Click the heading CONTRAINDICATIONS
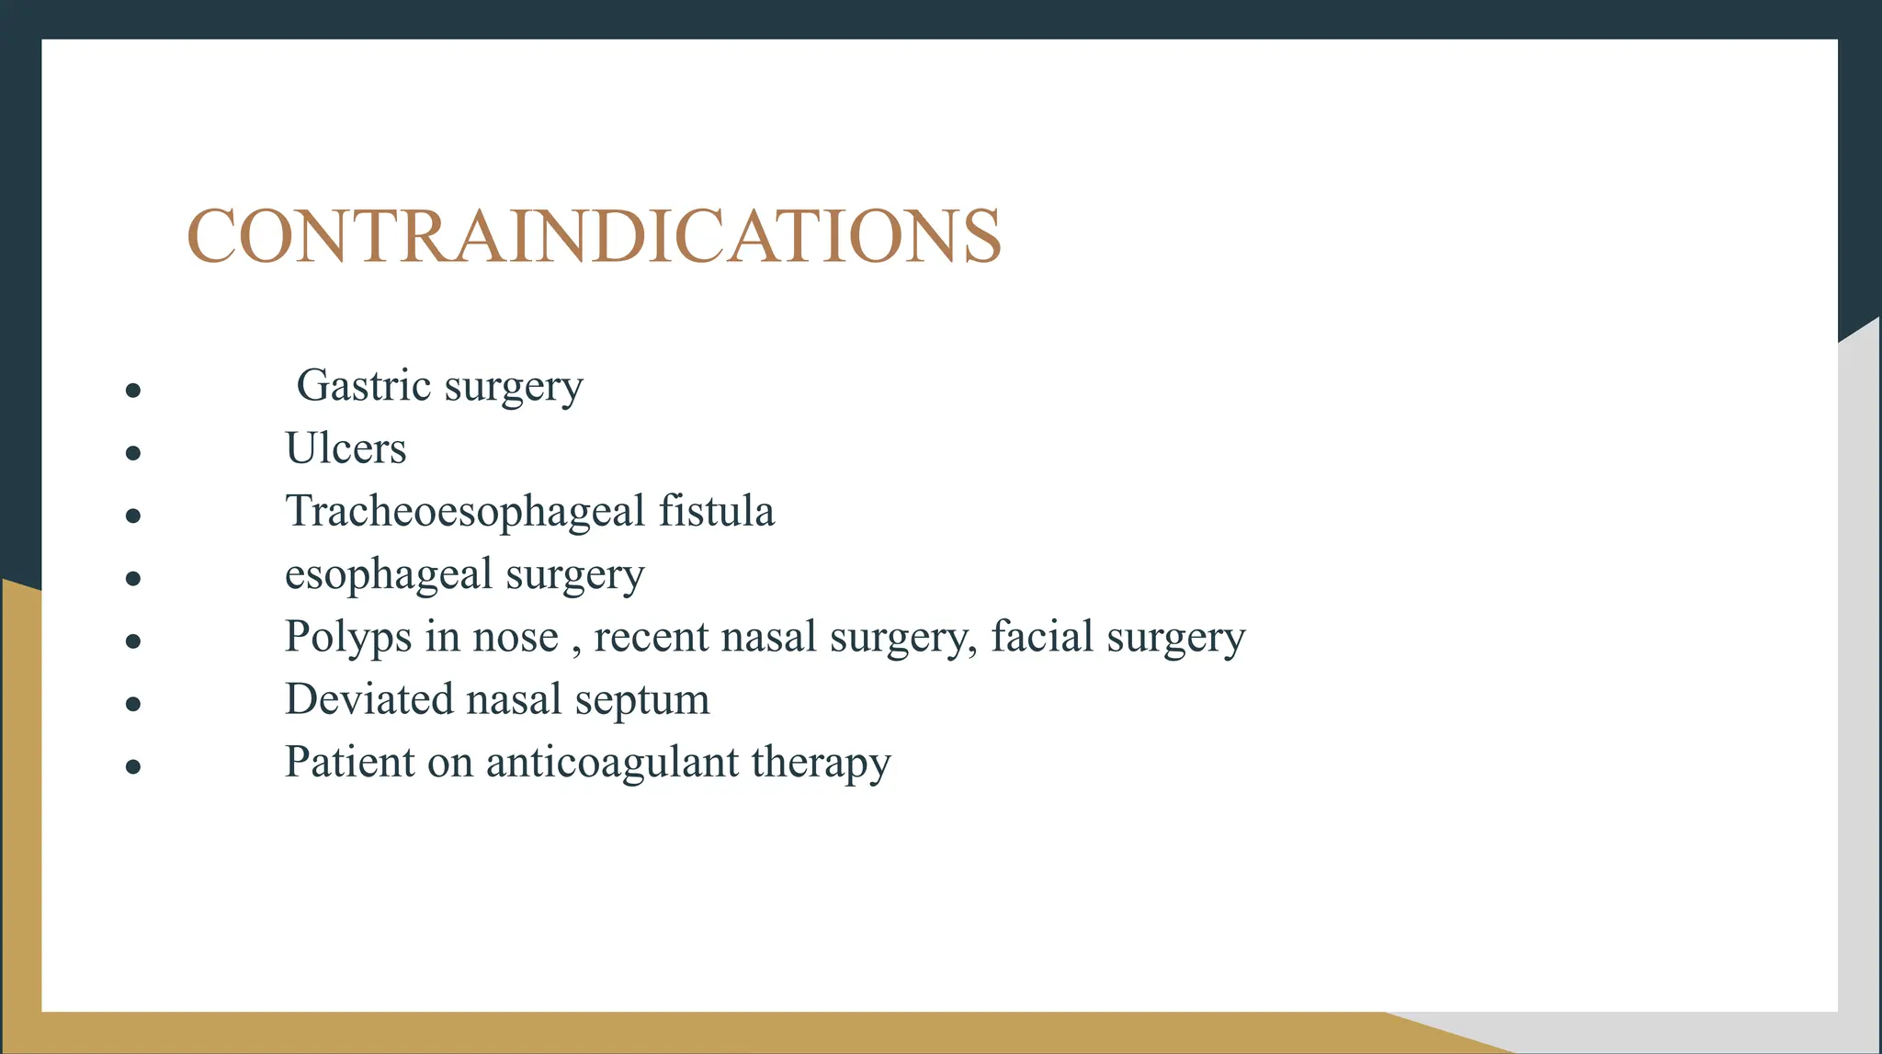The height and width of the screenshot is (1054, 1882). [594, 236]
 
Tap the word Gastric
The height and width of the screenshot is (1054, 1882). [364, 385]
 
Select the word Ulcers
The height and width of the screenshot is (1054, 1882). [346, 448]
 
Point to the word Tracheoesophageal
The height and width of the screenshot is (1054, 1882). [466, 512]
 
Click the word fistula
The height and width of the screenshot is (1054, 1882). [716, 511]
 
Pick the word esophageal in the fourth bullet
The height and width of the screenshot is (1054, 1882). [389, 575]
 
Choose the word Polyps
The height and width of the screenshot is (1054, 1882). [348, 638]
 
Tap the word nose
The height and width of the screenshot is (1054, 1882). [515, 637]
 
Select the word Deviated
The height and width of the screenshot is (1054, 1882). [369, 699]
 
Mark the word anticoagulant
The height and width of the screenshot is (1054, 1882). [612, 763]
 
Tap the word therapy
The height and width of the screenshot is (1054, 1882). [821, 764]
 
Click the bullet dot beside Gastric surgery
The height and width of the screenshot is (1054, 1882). [133, 391]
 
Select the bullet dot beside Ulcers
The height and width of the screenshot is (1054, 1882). [133, 453]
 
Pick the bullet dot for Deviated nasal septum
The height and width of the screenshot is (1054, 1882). [133, 704]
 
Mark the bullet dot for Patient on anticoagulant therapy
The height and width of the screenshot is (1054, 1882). [133, 766]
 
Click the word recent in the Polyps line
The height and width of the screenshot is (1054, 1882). [651, 637]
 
